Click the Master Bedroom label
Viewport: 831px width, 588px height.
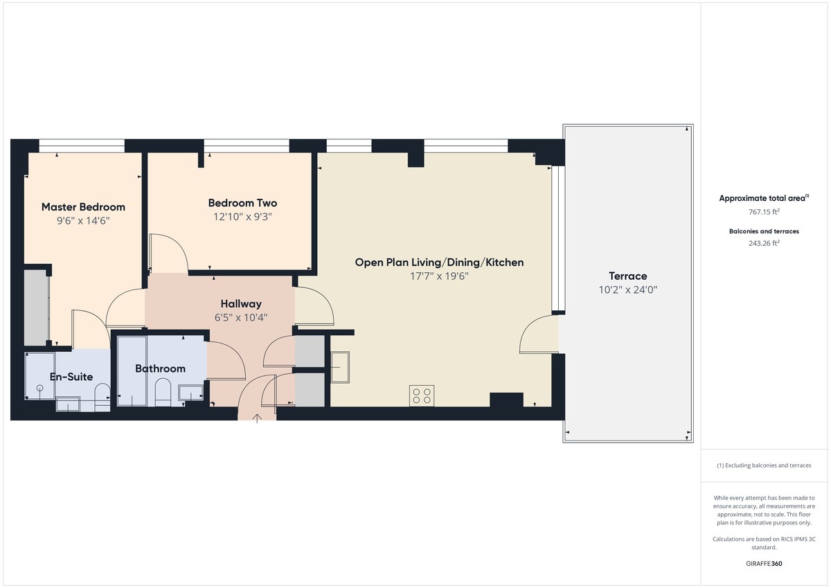tap(83, 207)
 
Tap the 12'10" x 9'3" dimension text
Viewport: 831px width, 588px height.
tap(242, 216)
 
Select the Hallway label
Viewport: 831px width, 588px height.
tap(241, 304)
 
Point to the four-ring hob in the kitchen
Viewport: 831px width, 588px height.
tap(422, 395)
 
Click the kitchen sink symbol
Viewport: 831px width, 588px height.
tap(339, 367)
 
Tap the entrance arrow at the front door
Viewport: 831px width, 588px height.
tap(257, 418)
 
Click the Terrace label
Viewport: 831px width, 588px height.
tap(627, 276)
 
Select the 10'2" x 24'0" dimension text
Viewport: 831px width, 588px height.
tap(627, 290)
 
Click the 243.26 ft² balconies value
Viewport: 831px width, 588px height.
tap(763, 243)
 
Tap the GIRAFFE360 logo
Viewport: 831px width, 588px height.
tap(764, 564)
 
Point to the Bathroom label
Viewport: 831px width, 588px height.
tap(160, 368)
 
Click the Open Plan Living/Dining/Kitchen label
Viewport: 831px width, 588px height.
tap(439, 262)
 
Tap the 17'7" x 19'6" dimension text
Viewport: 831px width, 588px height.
tap(439, 276)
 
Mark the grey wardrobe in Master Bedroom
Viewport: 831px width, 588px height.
tap(36, 308)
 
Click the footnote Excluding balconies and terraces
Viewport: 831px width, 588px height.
tap(764, 465)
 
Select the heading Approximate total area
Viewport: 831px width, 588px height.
tap(762, 198)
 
